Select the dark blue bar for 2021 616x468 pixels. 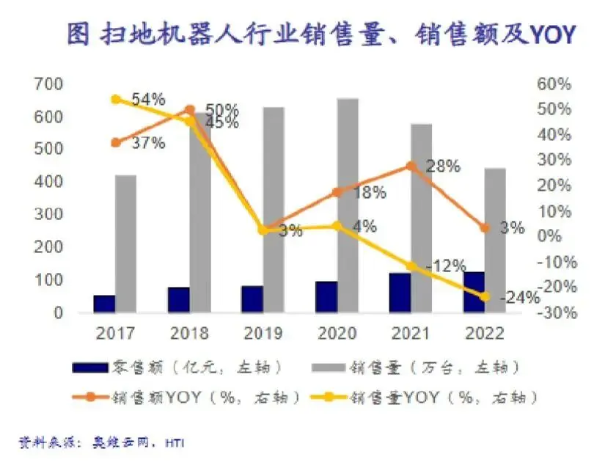tap(400, 293)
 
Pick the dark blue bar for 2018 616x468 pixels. tap(178, 299)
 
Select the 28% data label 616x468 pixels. tap(443, 167)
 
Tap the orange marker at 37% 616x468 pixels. tap(115, 142)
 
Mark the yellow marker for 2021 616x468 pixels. tap(411, 266)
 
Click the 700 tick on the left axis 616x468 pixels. tap(48, 84)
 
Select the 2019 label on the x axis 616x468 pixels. tap(263, 334)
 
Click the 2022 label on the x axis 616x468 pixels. tap(484, 334)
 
